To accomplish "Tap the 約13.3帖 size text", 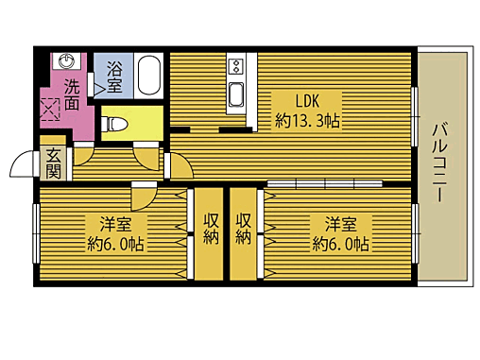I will (x=308, y=121).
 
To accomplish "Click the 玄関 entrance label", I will (x=53, y=163).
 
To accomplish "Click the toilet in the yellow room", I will (x=116, y=123).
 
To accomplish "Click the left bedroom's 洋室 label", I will (x=115, y=224).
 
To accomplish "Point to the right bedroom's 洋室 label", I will (x=341, y=224).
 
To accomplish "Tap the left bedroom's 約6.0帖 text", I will (x=115, y=244).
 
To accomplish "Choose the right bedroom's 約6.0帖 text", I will (x=341, y=244).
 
